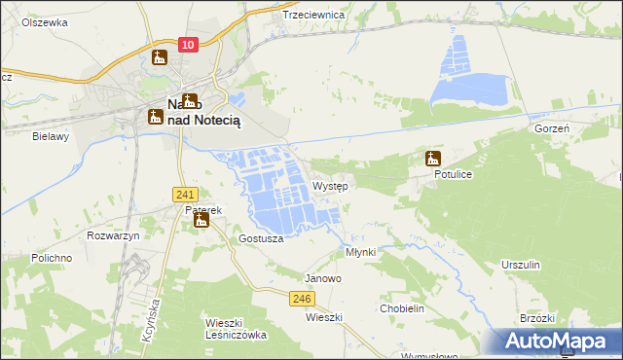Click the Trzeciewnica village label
click(x=313, y=15)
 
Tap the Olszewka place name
click(x=44, y=20)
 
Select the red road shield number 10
click(x=190, y=45)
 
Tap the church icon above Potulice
click(x=433, y=159)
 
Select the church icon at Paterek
click(x=202, y=221)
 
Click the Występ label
click(x=331, y=185)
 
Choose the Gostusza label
click(x=260, y=238)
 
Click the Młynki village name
click(x=360, y=251)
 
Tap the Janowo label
click(x=323, y=277)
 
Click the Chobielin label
click(x=402, y=307)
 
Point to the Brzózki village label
click(x=537, y=318)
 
